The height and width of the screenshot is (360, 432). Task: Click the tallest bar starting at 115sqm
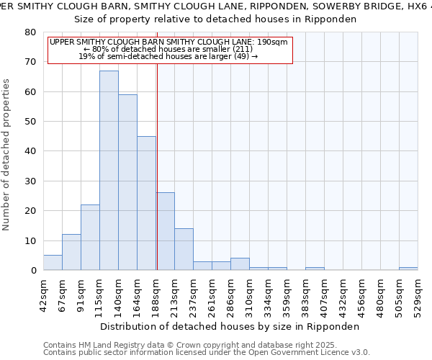click(x=109, y=171)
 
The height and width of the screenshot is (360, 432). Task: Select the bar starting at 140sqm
click(x=127, y=182)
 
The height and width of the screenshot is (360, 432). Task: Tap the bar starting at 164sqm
click(x=146, y=203)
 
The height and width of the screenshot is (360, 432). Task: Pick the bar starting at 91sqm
click(x=90, y=238)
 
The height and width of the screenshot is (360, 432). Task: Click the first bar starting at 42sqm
click(x=53, y=263)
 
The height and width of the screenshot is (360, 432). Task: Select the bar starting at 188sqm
click(x=166, y=231)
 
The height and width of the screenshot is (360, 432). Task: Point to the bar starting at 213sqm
click(x=184, y=249)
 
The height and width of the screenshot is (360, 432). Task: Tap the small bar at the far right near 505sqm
click(x=408, y=269)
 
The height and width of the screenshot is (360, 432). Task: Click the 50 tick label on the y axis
click(x=31, y=122)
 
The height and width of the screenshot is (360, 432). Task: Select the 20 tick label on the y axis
click(x=31, y=211)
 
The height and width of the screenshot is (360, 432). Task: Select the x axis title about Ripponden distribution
click(x=230, y=326)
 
